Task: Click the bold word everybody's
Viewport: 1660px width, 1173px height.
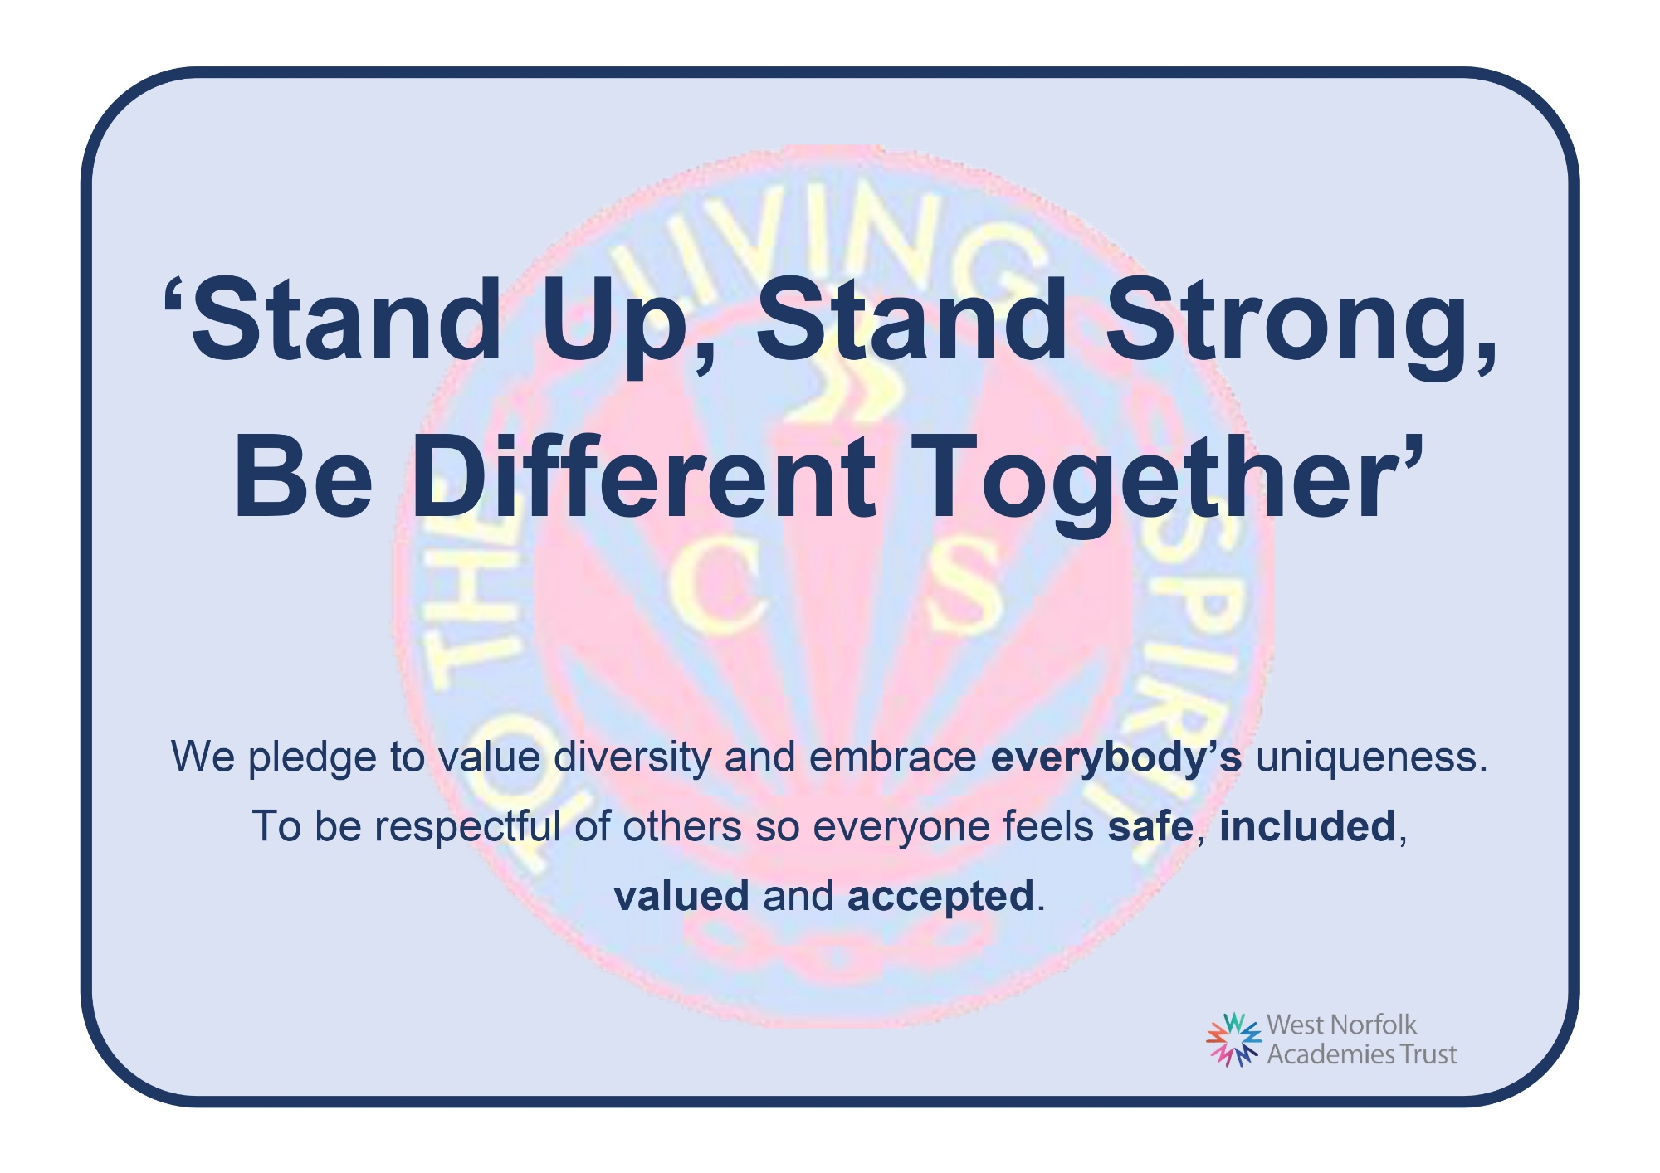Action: (x=1116, y=757)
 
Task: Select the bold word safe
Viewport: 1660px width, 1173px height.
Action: (x=1150, y=826)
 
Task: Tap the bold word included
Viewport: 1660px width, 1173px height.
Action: (x=1307, y=826)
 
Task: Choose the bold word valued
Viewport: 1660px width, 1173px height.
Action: (x=681, y=896)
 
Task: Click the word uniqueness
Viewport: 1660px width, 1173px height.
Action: (x=1372, y=757)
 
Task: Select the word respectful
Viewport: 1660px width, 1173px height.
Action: (x=468, y=826)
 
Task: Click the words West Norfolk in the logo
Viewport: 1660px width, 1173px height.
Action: (x=1342, y=1025)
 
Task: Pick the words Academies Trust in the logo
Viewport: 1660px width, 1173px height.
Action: (x=1362, y=1054)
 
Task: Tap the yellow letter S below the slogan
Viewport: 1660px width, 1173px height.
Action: (x=963, y=591)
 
